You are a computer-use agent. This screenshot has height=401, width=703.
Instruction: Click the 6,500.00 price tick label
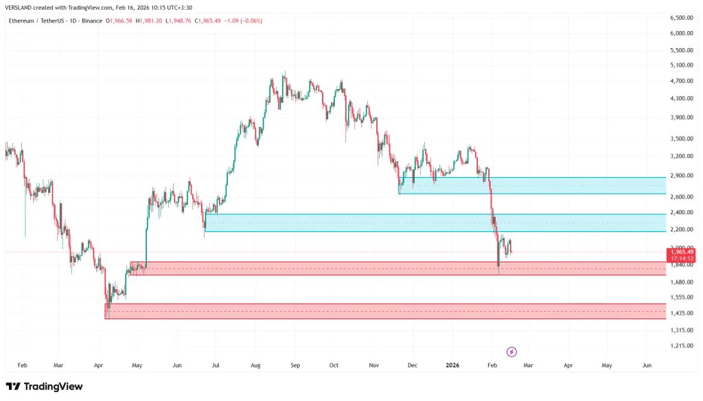point(682,18)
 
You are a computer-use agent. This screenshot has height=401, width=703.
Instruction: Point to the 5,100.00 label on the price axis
point(682,65)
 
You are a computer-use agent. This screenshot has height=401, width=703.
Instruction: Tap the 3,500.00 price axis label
point(682,139)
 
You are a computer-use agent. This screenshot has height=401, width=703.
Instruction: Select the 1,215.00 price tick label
point(682,346)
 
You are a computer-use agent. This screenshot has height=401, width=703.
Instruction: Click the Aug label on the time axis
point(255,365)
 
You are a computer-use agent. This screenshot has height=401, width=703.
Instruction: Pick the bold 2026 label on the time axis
point(452,365)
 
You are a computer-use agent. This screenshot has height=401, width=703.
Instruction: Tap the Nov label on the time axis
point(374,365)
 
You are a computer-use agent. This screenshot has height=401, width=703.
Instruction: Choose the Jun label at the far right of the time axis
point(647,365)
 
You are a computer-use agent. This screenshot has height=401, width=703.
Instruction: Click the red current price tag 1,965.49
point(681,252)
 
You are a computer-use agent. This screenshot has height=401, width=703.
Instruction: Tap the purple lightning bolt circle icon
point(511,352)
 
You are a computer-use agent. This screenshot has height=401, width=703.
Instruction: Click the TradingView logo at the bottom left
point(45,386)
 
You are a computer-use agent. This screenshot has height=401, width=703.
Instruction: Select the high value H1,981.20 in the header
point(149,21)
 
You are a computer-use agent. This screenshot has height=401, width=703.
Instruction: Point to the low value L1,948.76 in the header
point(178,21)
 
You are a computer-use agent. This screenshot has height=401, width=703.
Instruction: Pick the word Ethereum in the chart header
point(21,21)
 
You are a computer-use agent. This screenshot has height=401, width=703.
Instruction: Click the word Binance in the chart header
point(92,21)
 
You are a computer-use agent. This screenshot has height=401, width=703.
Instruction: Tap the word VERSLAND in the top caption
point(19,8)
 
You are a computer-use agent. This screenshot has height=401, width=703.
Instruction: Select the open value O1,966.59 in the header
point(119,21)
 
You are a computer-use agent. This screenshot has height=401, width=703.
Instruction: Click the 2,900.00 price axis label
point(682,175)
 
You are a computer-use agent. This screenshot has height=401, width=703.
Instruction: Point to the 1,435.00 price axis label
point(682,313)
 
